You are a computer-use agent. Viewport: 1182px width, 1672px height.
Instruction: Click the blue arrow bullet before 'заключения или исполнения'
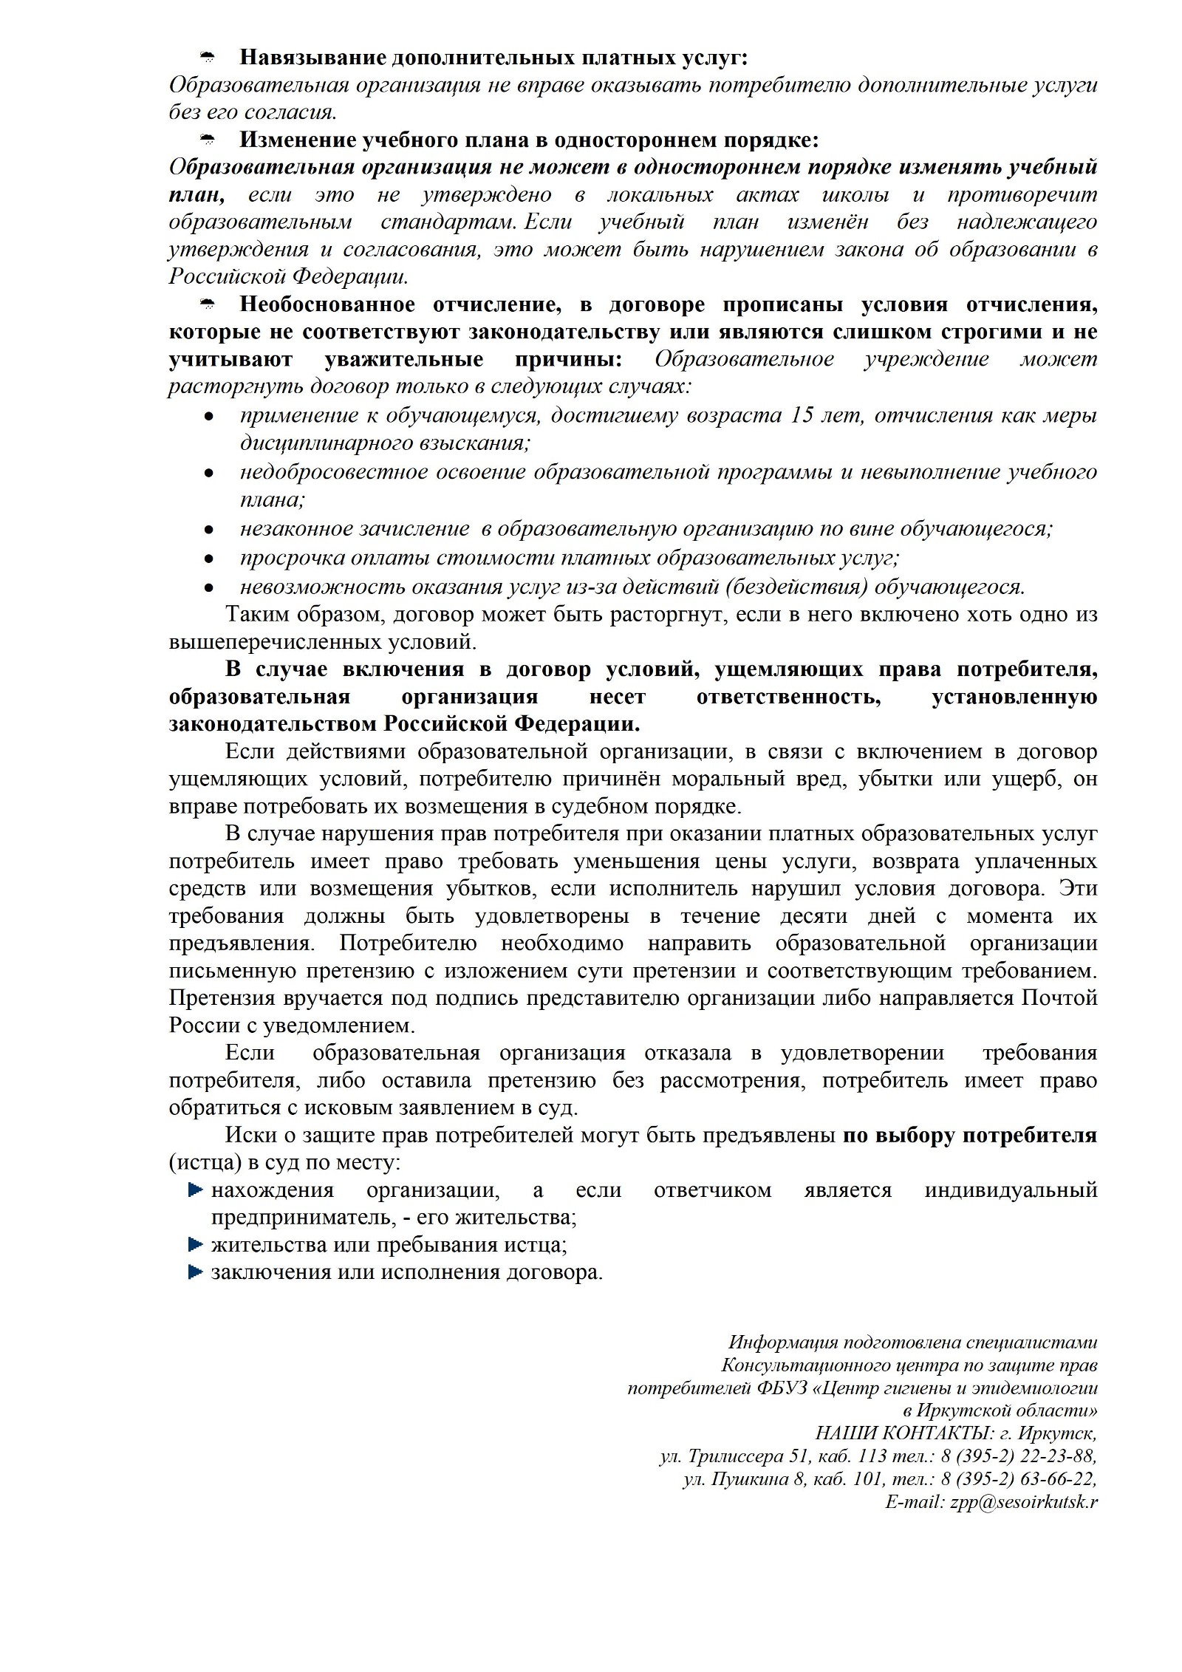coord(195,1272)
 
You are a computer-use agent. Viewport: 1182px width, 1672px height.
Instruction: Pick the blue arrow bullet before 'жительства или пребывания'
coord(195,1244)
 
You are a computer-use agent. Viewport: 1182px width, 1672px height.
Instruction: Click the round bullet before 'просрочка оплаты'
coord(209,559)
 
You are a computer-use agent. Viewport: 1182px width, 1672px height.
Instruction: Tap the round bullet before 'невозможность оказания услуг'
coord(209,587)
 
